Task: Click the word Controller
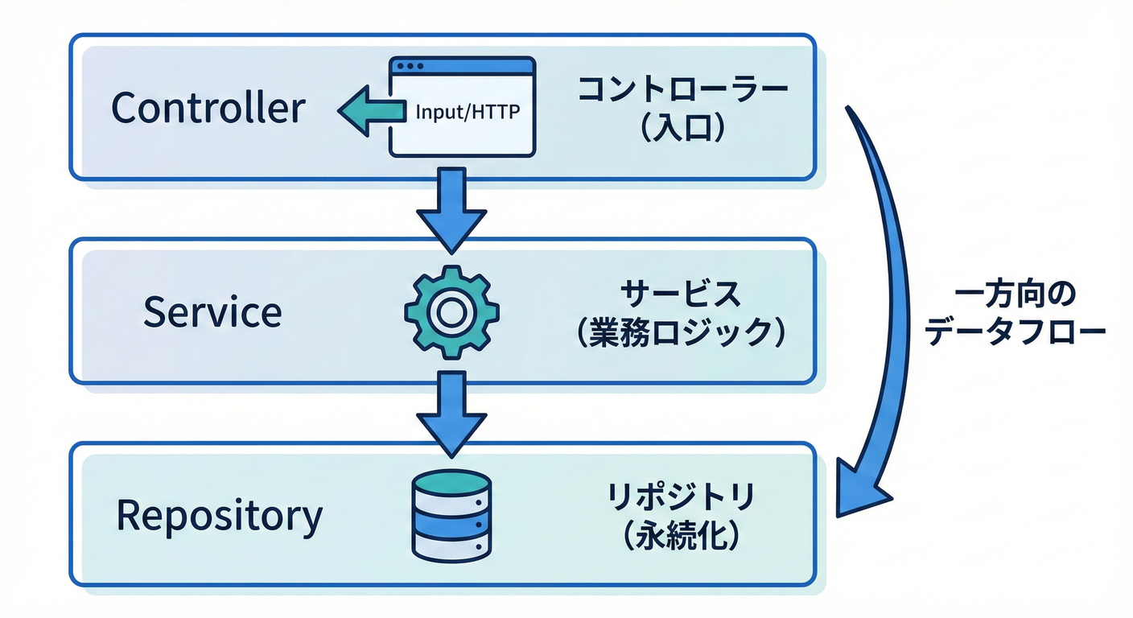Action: tap(208, 108)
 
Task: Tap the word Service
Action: tap(212, 312)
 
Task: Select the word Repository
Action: tap(219, 516)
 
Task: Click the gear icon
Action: tap(451, 311)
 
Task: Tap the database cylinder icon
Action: tap(451, 515)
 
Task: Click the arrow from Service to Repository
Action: tap(451, 411)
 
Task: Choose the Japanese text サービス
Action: tap(681, 295)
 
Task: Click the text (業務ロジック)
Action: tap(681, 332)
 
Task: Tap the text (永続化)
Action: tap(681, 536)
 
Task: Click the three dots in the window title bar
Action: tap(410, 66)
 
